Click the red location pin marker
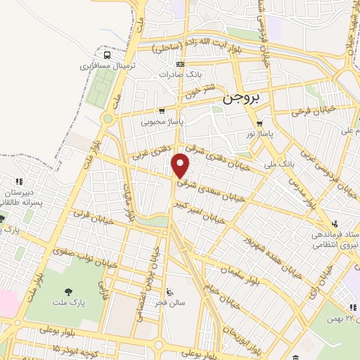click(181, 166)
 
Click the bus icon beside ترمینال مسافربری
click(107, 55)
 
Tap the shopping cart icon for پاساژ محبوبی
click(162, 110)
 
